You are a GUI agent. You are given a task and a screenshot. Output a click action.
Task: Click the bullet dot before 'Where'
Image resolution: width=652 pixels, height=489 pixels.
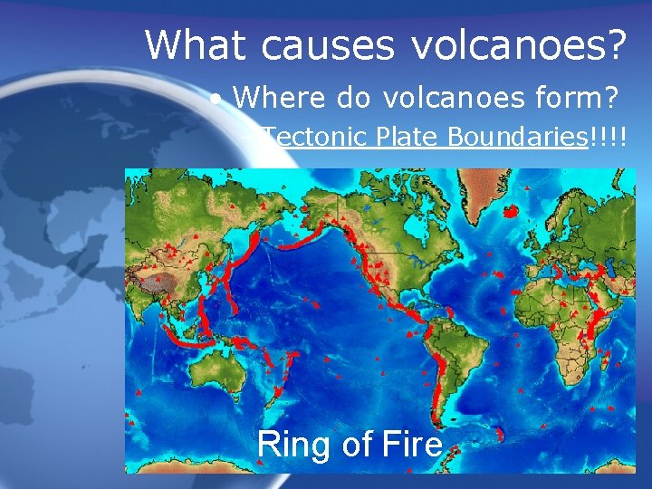[x=215, y=97]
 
